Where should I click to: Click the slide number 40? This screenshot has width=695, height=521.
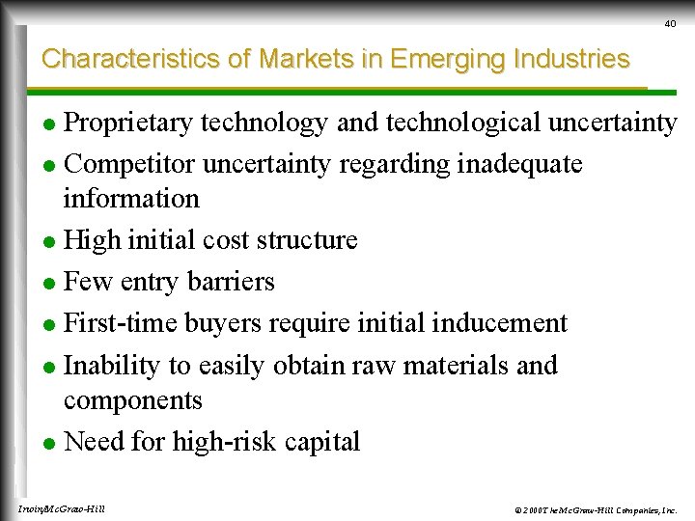[670, 23]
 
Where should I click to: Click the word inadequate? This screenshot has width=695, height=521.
[519, 165]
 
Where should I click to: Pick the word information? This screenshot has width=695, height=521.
[131, 199]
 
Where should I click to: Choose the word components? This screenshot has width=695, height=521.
[133, 400]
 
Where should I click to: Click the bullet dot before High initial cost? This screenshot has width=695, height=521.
[51, 241]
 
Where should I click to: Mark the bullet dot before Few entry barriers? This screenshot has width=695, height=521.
[51, 284]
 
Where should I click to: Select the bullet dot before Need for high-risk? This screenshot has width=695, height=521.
[51, 444]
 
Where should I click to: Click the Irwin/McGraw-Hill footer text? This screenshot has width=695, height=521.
[62, 508]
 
